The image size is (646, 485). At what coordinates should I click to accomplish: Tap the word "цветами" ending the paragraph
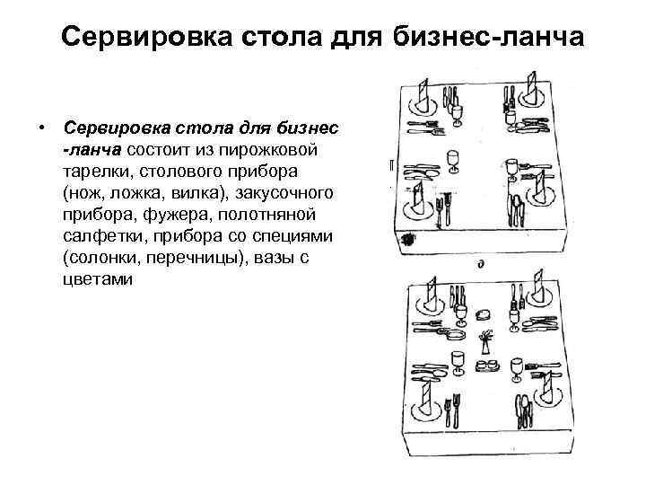click(98, 279)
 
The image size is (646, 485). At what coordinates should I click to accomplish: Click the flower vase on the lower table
click(485, 341)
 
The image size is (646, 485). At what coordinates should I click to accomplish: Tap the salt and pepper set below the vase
click(485, 366)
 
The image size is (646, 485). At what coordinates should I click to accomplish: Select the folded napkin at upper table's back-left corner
click(424, 94)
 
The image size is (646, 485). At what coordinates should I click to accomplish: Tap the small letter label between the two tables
click(482, 264)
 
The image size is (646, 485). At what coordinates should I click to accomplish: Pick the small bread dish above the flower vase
click(485, 313)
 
